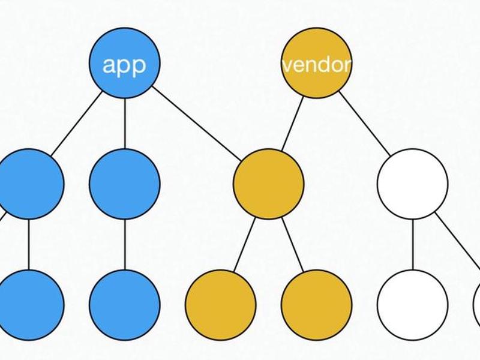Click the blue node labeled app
pyautogui.click(x=125, y=63)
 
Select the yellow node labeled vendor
pyautogui.click(x=317, y=63)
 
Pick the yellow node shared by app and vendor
pyautogui.click(x=268, y=184)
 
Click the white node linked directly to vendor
pyautogui.click(x=413, y=184)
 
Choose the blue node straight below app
pyautogui.click(x=125, y=184)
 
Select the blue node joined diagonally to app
pyautogui.click(x=28, y=184)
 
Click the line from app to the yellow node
pyautogui.click(x=197, y=124)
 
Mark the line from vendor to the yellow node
pyautogui.click(x=292, y=124)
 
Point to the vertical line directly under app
pyautogui.click(x=125, y=124)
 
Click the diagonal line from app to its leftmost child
pyautogui.click(x=77, y=124)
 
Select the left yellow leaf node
pyautogui.click(x=220, y=305)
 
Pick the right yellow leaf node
pyautogui.click(x=317, y=305)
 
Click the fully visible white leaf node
pyautogui.click(x=413, y=305)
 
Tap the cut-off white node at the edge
pyautogui.click(x=477, y=305)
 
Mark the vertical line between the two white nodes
pyautogui.click(x=413, y=245)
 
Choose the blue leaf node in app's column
pyautogui.click(x=125, y=305)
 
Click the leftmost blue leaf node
pyautogui.click(x=28, y=305)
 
